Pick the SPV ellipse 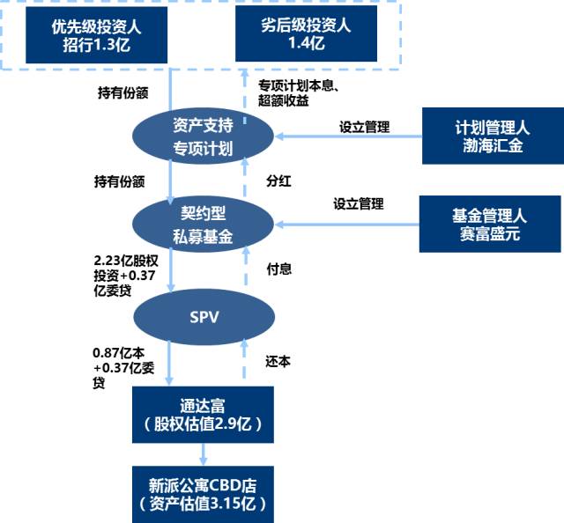204,316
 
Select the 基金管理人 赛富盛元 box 490,225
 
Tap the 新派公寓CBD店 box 203,495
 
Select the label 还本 278,361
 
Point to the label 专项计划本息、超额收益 295,93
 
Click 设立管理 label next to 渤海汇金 364,127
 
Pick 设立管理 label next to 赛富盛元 359,203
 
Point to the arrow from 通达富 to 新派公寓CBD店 204,453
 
